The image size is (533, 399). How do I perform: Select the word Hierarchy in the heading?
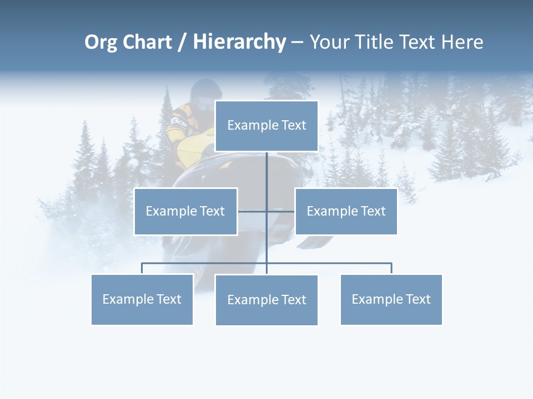[239, 43]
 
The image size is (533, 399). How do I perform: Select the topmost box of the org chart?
[266, 126]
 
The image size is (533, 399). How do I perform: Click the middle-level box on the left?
[185, 211]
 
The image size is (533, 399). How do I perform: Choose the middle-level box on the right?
[346, 211]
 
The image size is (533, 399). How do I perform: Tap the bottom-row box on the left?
[142, 299]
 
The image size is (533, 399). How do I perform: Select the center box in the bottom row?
[266, 300]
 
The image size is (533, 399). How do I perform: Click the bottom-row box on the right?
[391, 299]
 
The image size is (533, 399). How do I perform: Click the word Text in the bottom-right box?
[418, 299]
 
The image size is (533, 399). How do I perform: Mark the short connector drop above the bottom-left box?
[142, 268]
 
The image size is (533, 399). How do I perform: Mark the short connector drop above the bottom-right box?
[391, 268]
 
